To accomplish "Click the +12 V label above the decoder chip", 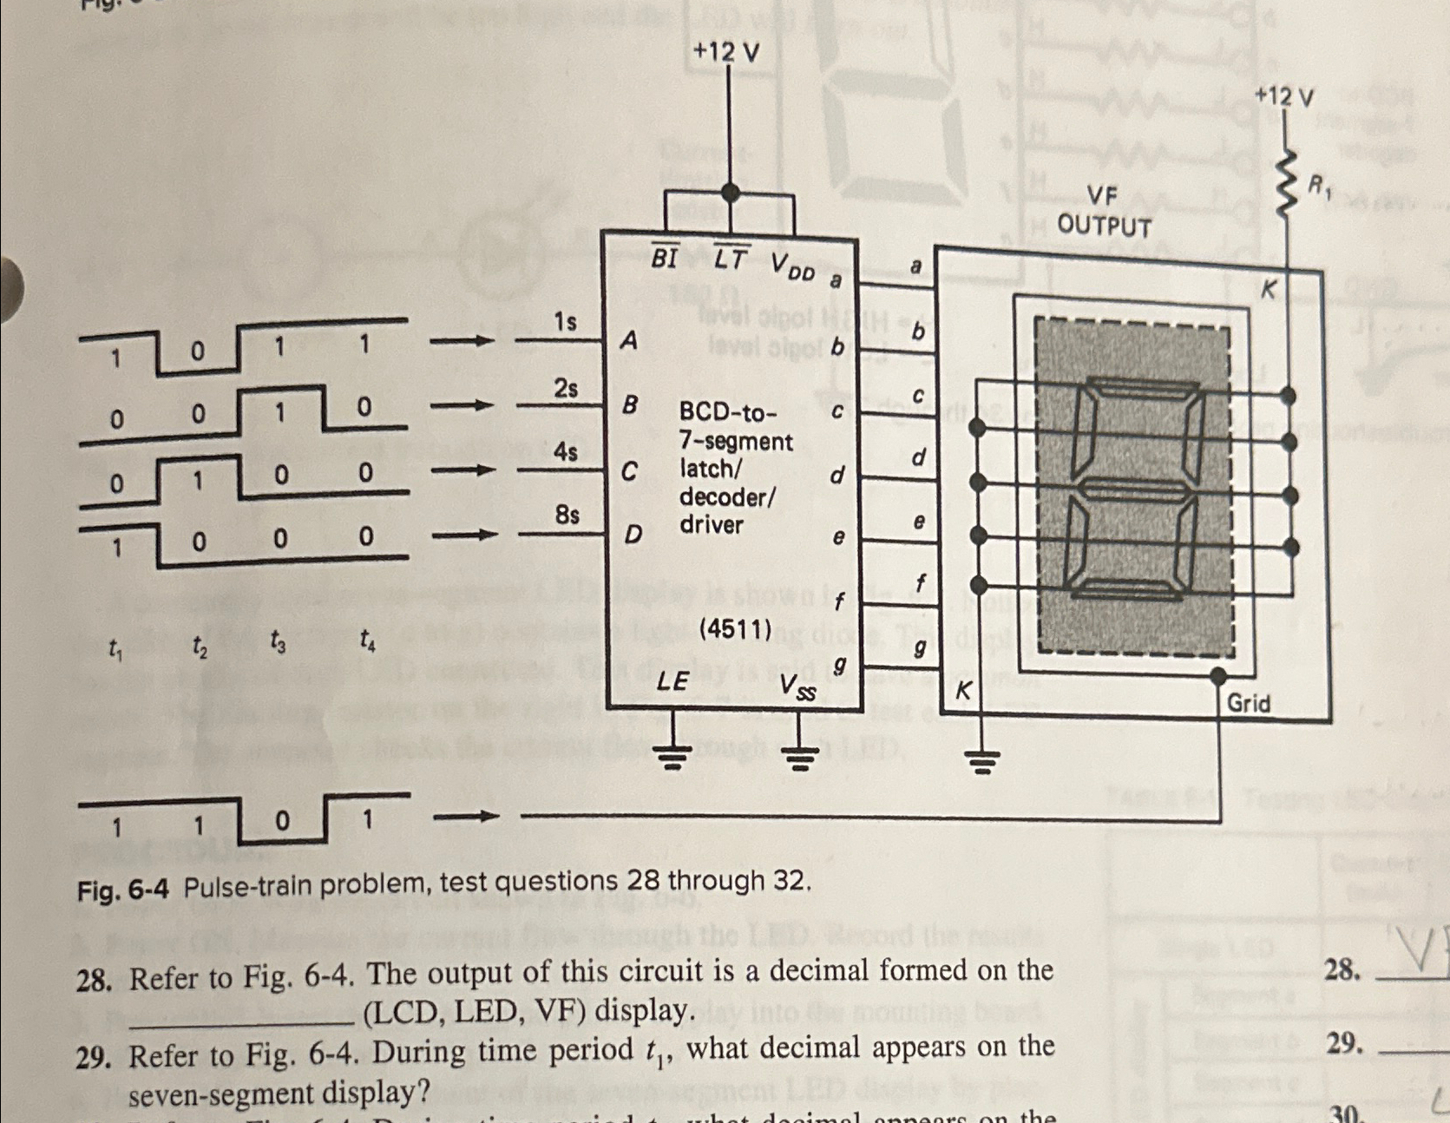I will click(x=726, y=53).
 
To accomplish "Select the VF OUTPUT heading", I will click(x=1104, y=211).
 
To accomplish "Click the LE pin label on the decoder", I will click(x=673, y=681).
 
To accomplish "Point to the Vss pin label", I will click(x=797, y=688).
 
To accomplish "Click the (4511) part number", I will click(x=735, y=629).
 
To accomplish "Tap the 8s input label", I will click(x=567, y=515).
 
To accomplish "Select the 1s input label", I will click(x=565, y=323).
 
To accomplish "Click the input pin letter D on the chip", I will click(x=633, y=535).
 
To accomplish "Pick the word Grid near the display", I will click(x=1249, y=703).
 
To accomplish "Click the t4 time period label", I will click(x=368, y=643).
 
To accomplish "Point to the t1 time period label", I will click(x=115, y=647).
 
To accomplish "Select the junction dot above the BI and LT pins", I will click(x=731, y=192).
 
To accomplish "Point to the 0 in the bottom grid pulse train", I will click(x=281, y=822).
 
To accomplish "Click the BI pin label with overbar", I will click(x=666, y=258).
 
